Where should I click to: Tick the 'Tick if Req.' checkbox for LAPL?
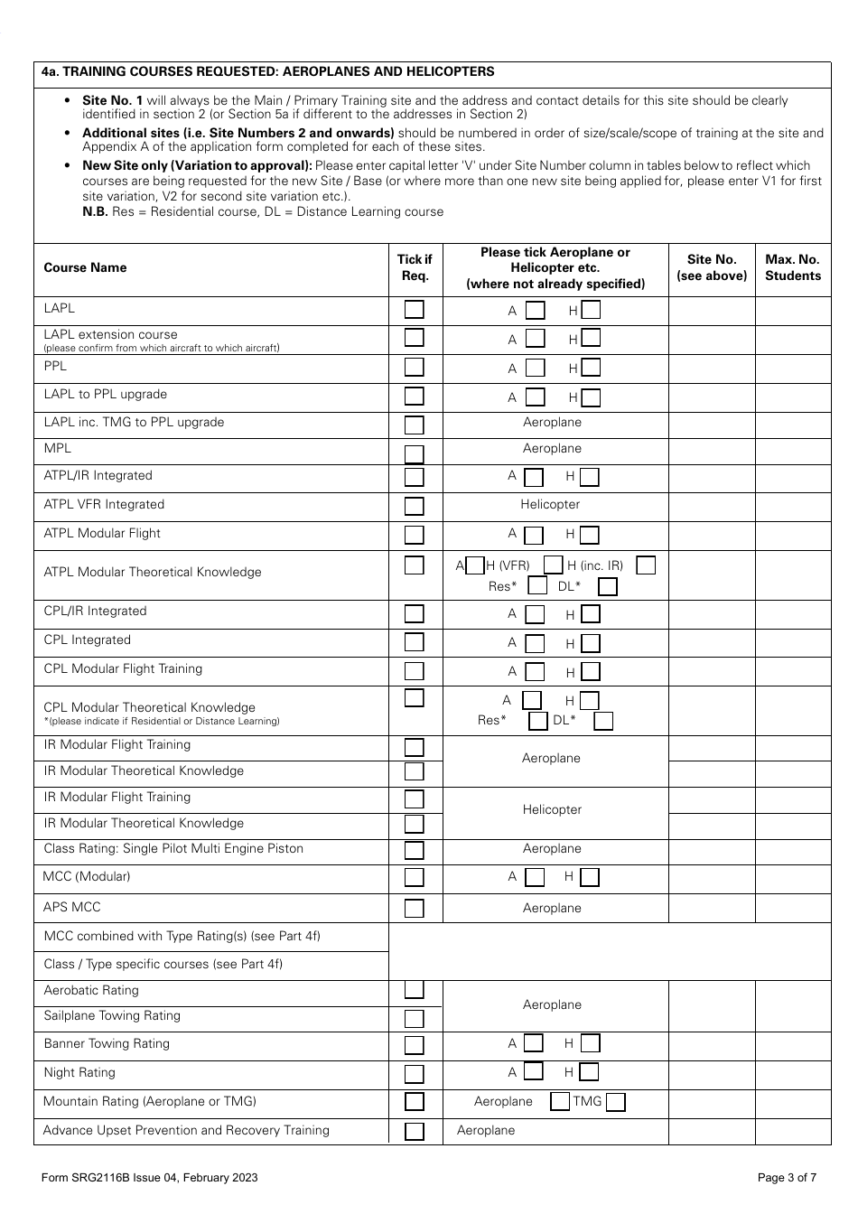(x=415, y=310)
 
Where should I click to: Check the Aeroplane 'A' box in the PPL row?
(x=536, y=369)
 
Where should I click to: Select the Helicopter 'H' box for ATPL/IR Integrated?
(x=589, y=477)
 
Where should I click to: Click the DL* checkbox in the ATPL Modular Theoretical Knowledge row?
(x=608, y=587)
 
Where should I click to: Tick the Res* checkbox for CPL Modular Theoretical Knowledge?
(x=537, y=721)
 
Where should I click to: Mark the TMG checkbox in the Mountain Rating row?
(x=616, y=1102)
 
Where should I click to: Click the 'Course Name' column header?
(x=85, y=268)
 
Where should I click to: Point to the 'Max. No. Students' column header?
(x=792, y=267)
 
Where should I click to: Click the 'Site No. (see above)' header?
(x=712, y=267)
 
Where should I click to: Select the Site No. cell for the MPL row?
(x=712, y=452)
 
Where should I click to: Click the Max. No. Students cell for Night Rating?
(x=792, y=1074)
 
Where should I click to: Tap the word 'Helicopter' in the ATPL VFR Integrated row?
(x=550, y=505)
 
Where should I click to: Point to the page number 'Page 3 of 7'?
(x=788, y=1177)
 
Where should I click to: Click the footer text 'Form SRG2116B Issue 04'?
(x=149, y=1177)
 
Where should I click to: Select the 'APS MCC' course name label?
(x=72, y=907)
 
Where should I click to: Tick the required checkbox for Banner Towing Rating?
(x=415, y=1045)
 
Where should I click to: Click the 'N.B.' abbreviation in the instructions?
(x=95, y=212)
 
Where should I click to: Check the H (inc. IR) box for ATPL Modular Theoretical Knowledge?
(x=646, y=565)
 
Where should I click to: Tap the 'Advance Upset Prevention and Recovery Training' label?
(x=186, y=1131)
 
